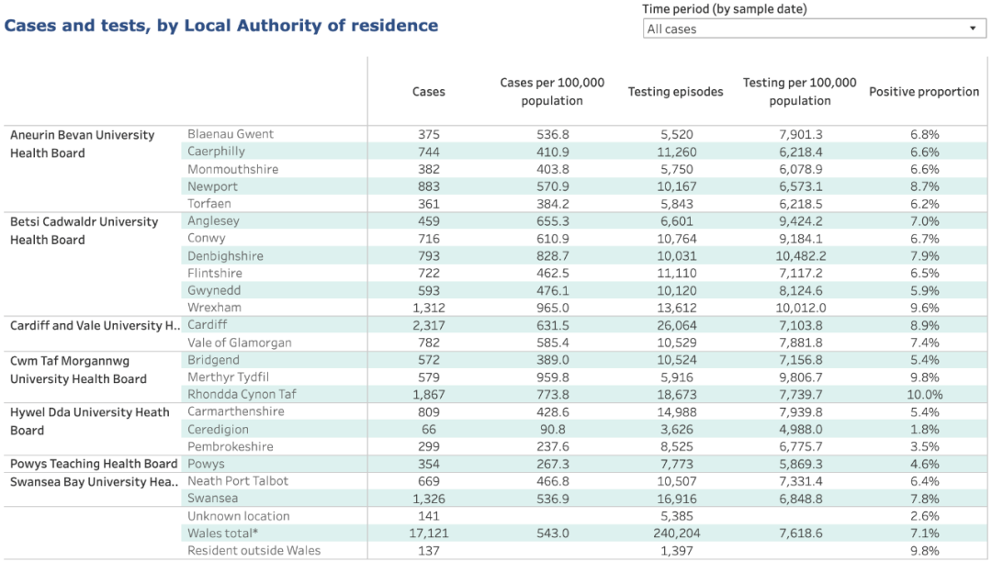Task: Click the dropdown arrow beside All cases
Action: tap(973, 28)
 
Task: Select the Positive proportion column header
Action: tap(924, 92)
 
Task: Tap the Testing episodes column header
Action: tap(676, 92)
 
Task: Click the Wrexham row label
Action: tap(214, 308)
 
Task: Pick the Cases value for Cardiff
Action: tap(428, 326)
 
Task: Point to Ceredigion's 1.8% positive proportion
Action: tap(924, 429)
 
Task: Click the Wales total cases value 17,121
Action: tap(428, 533)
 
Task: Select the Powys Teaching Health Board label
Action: tap(94, 464)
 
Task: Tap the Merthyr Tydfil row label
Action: tap(228, 377)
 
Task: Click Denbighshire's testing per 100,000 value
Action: tap(800, 256)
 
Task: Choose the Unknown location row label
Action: tap(239, 516)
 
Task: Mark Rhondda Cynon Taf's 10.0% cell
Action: tap(924, 395)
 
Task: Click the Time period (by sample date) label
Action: tap(725, 9)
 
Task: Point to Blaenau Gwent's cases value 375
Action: tap(428, 135)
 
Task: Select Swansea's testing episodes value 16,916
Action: tap(676, 499)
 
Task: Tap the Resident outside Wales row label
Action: tap(254, 551)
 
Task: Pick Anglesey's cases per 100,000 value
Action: tap(552, 221)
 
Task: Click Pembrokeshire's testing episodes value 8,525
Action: tap(676, 446)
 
